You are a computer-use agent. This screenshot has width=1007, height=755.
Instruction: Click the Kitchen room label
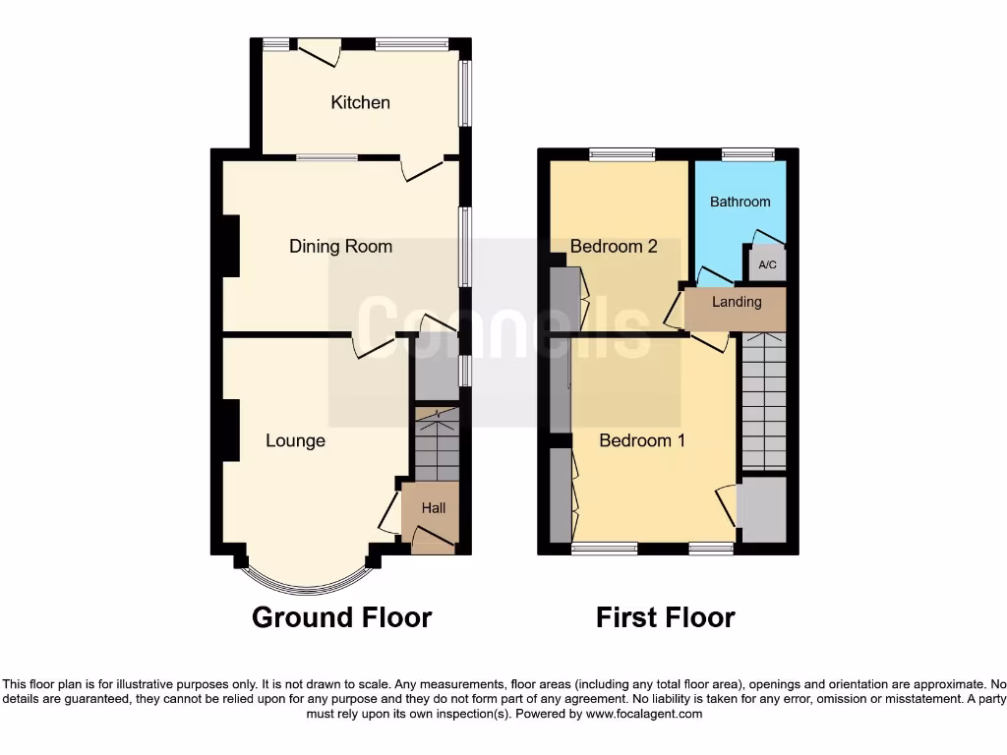[x=360, y=102]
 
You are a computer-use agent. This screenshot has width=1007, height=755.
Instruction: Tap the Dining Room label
[x=340, y=247]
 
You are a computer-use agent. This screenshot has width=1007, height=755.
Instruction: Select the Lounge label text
[x=295, y=440]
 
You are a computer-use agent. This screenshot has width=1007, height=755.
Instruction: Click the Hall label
[x=434, y=508]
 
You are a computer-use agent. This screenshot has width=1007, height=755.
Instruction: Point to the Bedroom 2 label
[x=614, y=247]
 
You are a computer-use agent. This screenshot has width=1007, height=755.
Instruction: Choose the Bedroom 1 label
[x=642, y=440]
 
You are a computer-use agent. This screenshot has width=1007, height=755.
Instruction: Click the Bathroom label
[x=740, y=202]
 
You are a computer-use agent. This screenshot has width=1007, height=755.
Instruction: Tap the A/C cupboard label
[x=767, y=265]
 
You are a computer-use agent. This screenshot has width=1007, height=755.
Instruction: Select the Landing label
[x=737, y=302]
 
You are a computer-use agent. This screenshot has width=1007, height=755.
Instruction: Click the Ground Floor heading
[x=341, y=617]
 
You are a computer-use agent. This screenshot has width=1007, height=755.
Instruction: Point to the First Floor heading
[x=665, y=617]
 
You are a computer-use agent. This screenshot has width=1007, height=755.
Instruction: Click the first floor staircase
[x=764, y=403]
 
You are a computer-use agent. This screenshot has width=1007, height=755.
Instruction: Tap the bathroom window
[x=747, y=153]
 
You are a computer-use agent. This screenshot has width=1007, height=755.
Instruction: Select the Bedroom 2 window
[x=622, y=153]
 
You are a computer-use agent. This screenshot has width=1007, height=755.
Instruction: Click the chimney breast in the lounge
[x=230, y=430]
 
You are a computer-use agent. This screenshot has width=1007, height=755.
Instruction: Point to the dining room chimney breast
[x=230, y=245]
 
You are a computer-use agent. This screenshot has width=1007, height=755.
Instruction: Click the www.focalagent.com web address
[x=644, y=714]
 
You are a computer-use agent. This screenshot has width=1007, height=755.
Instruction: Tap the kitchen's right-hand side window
[x=466, y=94]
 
